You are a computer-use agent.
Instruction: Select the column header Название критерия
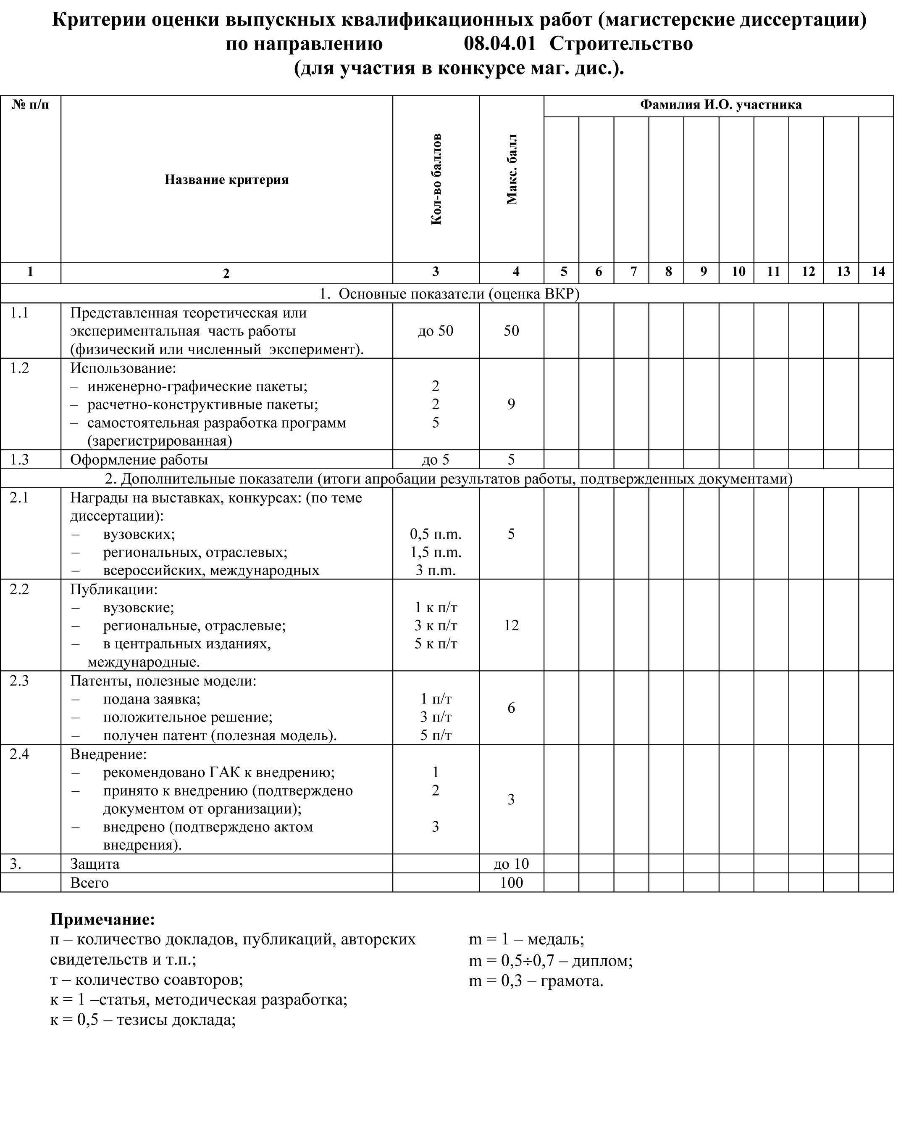226,180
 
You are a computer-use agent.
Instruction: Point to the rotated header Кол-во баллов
436,179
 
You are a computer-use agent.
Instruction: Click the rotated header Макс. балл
512,169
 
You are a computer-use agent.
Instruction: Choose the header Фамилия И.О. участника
720,105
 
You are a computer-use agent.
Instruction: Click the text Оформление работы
139,459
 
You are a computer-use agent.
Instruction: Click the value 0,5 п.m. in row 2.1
436,534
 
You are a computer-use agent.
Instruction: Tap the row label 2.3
19,681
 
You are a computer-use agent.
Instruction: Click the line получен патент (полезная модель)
219,735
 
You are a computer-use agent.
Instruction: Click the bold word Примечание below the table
102,919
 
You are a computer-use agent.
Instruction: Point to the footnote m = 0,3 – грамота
536,981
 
